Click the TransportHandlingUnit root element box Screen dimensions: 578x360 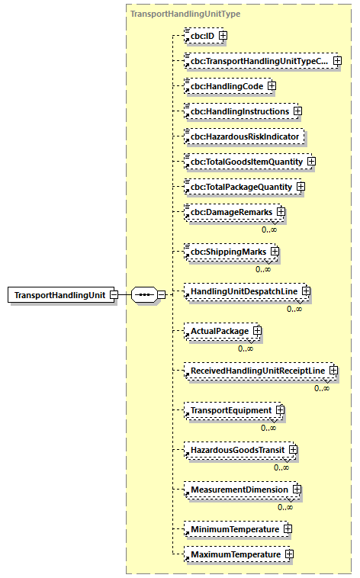tap(61, 294)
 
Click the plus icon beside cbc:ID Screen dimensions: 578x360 tap(223, 35)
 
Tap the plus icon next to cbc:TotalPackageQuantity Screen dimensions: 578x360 tap(301, 187)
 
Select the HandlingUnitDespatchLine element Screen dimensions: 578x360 tap(244, 291)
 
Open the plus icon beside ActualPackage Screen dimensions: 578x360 tap(257, 331)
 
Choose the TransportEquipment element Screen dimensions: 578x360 tap(230, 410)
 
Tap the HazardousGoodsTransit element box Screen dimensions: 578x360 tap(237, 450)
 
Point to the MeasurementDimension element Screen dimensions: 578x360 tap(239, 489)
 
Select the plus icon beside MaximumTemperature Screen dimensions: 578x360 tap(289, 554)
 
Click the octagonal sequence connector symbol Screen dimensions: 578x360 tap(144, 294)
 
